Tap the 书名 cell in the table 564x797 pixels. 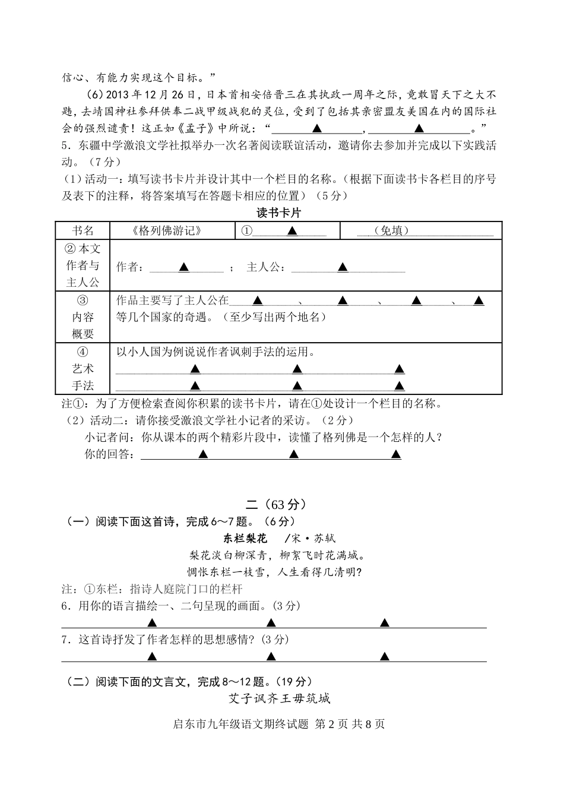83,231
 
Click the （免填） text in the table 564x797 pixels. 392,231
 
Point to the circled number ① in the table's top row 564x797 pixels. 246,231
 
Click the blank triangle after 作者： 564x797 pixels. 184,268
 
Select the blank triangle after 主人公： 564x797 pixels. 343,268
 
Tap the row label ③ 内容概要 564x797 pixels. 83,317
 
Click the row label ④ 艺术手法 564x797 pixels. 83,368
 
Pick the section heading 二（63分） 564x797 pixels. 277,505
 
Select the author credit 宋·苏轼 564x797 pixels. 314,539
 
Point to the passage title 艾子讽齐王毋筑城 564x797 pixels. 279,698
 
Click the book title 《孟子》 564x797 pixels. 202,128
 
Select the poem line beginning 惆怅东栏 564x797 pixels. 275,572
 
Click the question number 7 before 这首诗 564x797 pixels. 65,640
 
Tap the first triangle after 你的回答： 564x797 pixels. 203,454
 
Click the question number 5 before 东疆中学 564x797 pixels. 65,145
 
